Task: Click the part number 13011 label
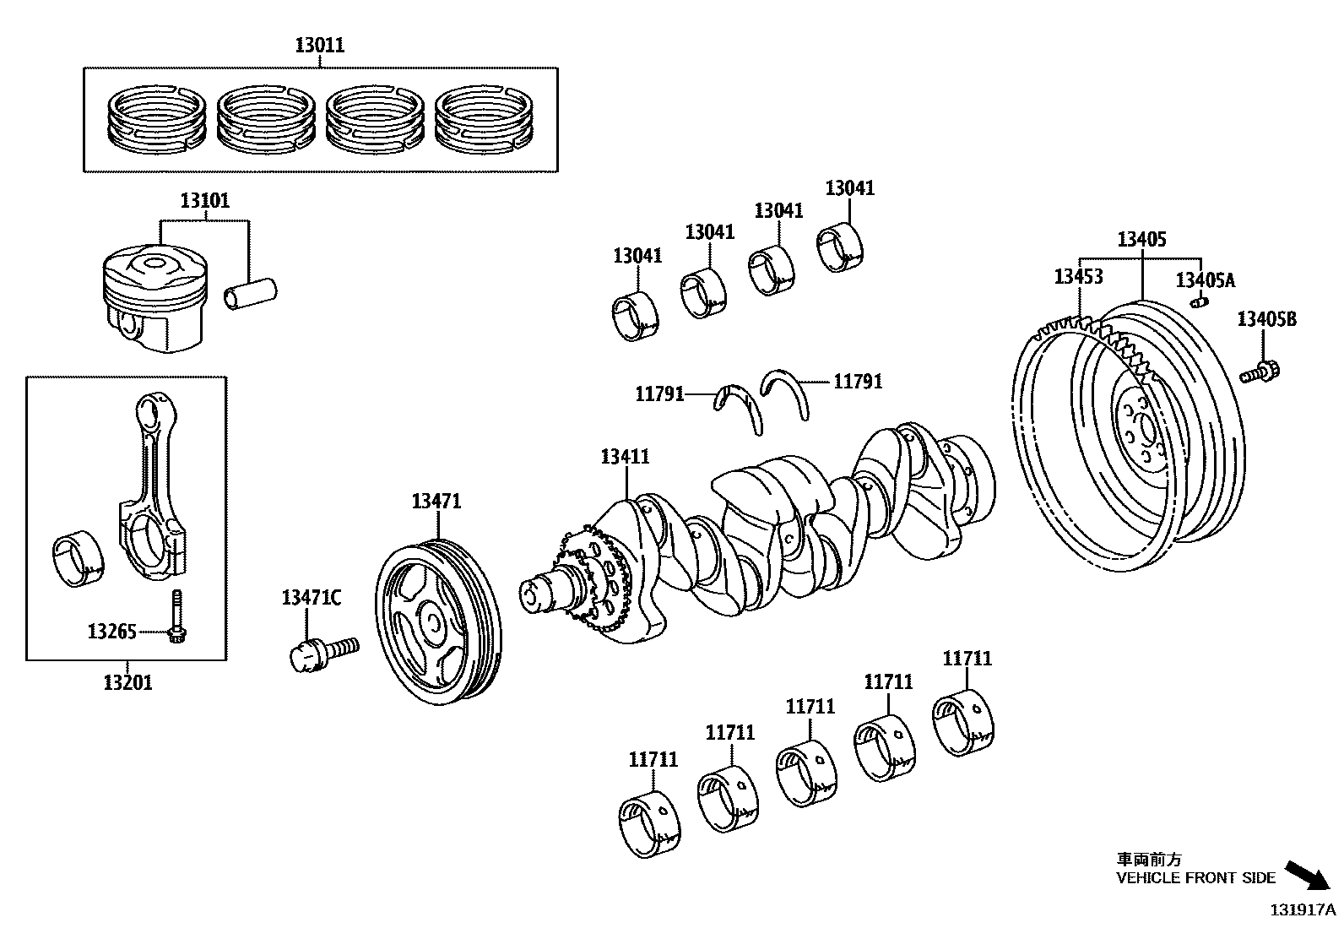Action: [320, 45]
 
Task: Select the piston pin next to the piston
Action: [252, 293]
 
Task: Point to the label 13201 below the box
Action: [127, 682]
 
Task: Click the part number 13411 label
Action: [625, 457]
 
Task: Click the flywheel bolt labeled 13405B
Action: [1261, 370]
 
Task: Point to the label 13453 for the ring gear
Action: [1078, 276]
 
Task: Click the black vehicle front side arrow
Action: [1306, 875]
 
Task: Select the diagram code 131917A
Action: [1304, 909]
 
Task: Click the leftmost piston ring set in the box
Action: [155, 121]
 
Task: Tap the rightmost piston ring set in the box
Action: [485, 121]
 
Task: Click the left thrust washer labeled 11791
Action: [740, 403]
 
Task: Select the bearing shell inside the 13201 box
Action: [78, 558]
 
